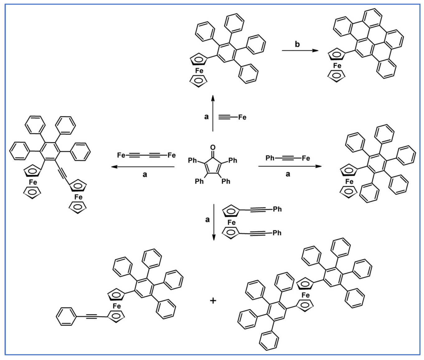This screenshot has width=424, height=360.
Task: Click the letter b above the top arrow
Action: click(297, 44)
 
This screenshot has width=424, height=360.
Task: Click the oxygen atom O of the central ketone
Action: click(213, 147)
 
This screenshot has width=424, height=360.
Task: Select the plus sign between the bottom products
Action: click(213, 301)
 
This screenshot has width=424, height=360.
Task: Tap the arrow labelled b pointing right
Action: click(300, 50)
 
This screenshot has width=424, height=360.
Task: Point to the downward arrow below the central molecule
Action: click(214, 222)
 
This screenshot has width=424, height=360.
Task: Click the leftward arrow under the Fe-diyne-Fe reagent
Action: click(143, 167)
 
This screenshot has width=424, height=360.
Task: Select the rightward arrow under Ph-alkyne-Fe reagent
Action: click(290, 166)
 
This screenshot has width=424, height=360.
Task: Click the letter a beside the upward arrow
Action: click(206, 117)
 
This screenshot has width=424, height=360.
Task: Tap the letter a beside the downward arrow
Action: click(207, 220)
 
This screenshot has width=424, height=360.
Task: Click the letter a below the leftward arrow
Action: click(145, 174)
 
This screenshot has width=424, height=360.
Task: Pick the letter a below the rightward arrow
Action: click(288, 174)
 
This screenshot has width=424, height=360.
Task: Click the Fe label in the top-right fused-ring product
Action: click(337, 66)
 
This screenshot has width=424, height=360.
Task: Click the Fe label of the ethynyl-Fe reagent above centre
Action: click(242, 117)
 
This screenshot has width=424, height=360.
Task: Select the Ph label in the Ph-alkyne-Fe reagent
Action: click(270, 158)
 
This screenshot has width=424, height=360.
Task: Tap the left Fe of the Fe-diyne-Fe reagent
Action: click(121, 155)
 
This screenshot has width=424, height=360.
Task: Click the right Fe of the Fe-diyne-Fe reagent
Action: click(172, 155)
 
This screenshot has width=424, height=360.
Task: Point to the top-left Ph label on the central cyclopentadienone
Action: click(193, 161)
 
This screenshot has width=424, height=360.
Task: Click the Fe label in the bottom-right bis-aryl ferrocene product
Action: click(305, 295)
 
